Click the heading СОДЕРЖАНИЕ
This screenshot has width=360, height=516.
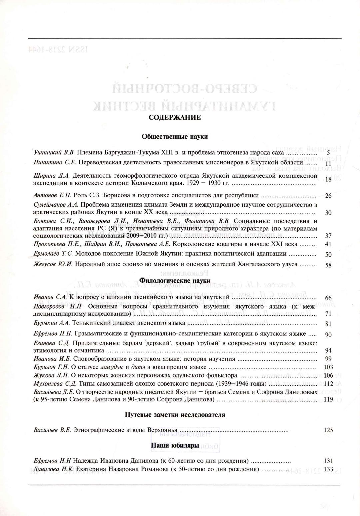(174, 117)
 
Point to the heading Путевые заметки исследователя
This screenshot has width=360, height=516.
(175, 415)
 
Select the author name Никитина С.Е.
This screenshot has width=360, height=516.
(55, 162)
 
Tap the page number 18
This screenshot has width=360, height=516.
(328, 179)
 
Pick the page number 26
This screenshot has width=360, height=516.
(328, 196)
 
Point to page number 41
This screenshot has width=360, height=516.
(328, 244)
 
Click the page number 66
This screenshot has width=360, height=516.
(328, 298)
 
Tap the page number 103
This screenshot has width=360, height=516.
(328, 367)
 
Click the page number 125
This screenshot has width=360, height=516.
(328, 430)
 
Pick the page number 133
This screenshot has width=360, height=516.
(328, 470)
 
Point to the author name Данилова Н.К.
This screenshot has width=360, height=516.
(54, 470)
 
